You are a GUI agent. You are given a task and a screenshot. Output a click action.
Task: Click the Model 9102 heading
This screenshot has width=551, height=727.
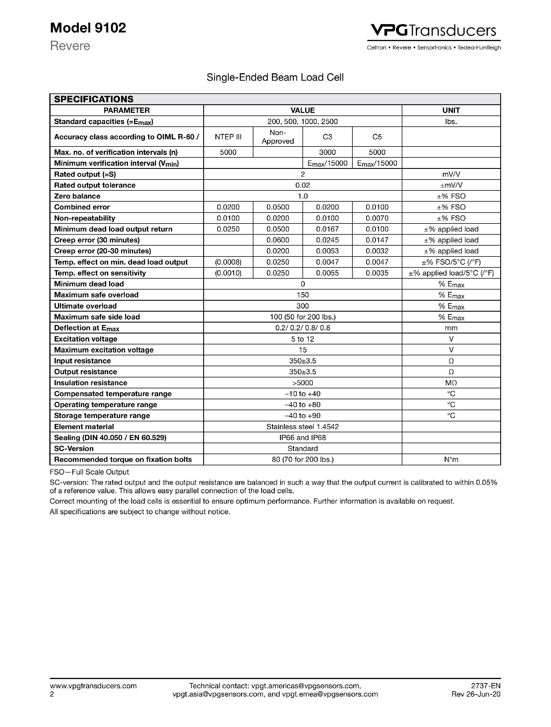[x=88, y=28]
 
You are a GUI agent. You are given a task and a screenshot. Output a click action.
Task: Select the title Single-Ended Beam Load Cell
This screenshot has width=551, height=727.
[x=275, y=78]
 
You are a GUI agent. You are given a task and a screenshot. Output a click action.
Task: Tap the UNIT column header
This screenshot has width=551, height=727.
[x=451, y=110]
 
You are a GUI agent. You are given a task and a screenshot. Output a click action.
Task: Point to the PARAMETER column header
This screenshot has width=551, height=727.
[x=127, y=110]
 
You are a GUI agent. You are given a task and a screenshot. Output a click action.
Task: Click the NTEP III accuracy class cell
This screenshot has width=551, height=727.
[x=228, y=137]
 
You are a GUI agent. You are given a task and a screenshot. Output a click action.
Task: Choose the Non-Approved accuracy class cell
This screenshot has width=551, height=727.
[x=278, y=137]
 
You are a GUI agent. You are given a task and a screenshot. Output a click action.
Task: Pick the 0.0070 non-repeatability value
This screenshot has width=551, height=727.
[x=377, y=218]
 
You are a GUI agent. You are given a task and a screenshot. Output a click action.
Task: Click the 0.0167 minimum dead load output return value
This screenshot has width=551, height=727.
[x=327, y=229]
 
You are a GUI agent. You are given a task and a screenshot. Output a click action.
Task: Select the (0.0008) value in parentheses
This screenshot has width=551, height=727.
[x=228, y=262]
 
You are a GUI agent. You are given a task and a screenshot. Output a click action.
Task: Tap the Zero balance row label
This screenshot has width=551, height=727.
[x=77, y=196]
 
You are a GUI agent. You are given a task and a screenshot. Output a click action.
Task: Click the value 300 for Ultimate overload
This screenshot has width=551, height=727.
[x=302, y=306]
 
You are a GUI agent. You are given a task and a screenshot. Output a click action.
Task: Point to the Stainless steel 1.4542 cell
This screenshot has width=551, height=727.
[x=302, y=427]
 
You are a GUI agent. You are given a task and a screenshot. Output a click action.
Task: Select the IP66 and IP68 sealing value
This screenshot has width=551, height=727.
[x=302, y=437]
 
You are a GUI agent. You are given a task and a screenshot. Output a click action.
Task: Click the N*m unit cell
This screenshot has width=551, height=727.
[x=451, y=460]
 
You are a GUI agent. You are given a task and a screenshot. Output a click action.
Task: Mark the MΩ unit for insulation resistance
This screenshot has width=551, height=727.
[x=451, y=383]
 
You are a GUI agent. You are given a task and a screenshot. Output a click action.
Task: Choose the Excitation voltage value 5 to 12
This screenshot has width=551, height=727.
[x=302, y=339]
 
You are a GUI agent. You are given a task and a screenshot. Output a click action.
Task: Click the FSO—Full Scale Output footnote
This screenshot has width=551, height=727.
[x=89, y=472]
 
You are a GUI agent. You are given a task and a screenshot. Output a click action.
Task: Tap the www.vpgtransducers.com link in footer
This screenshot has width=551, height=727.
[x=93, y=686]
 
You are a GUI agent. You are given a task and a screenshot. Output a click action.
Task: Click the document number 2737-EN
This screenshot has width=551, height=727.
[x=485, y=686]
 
